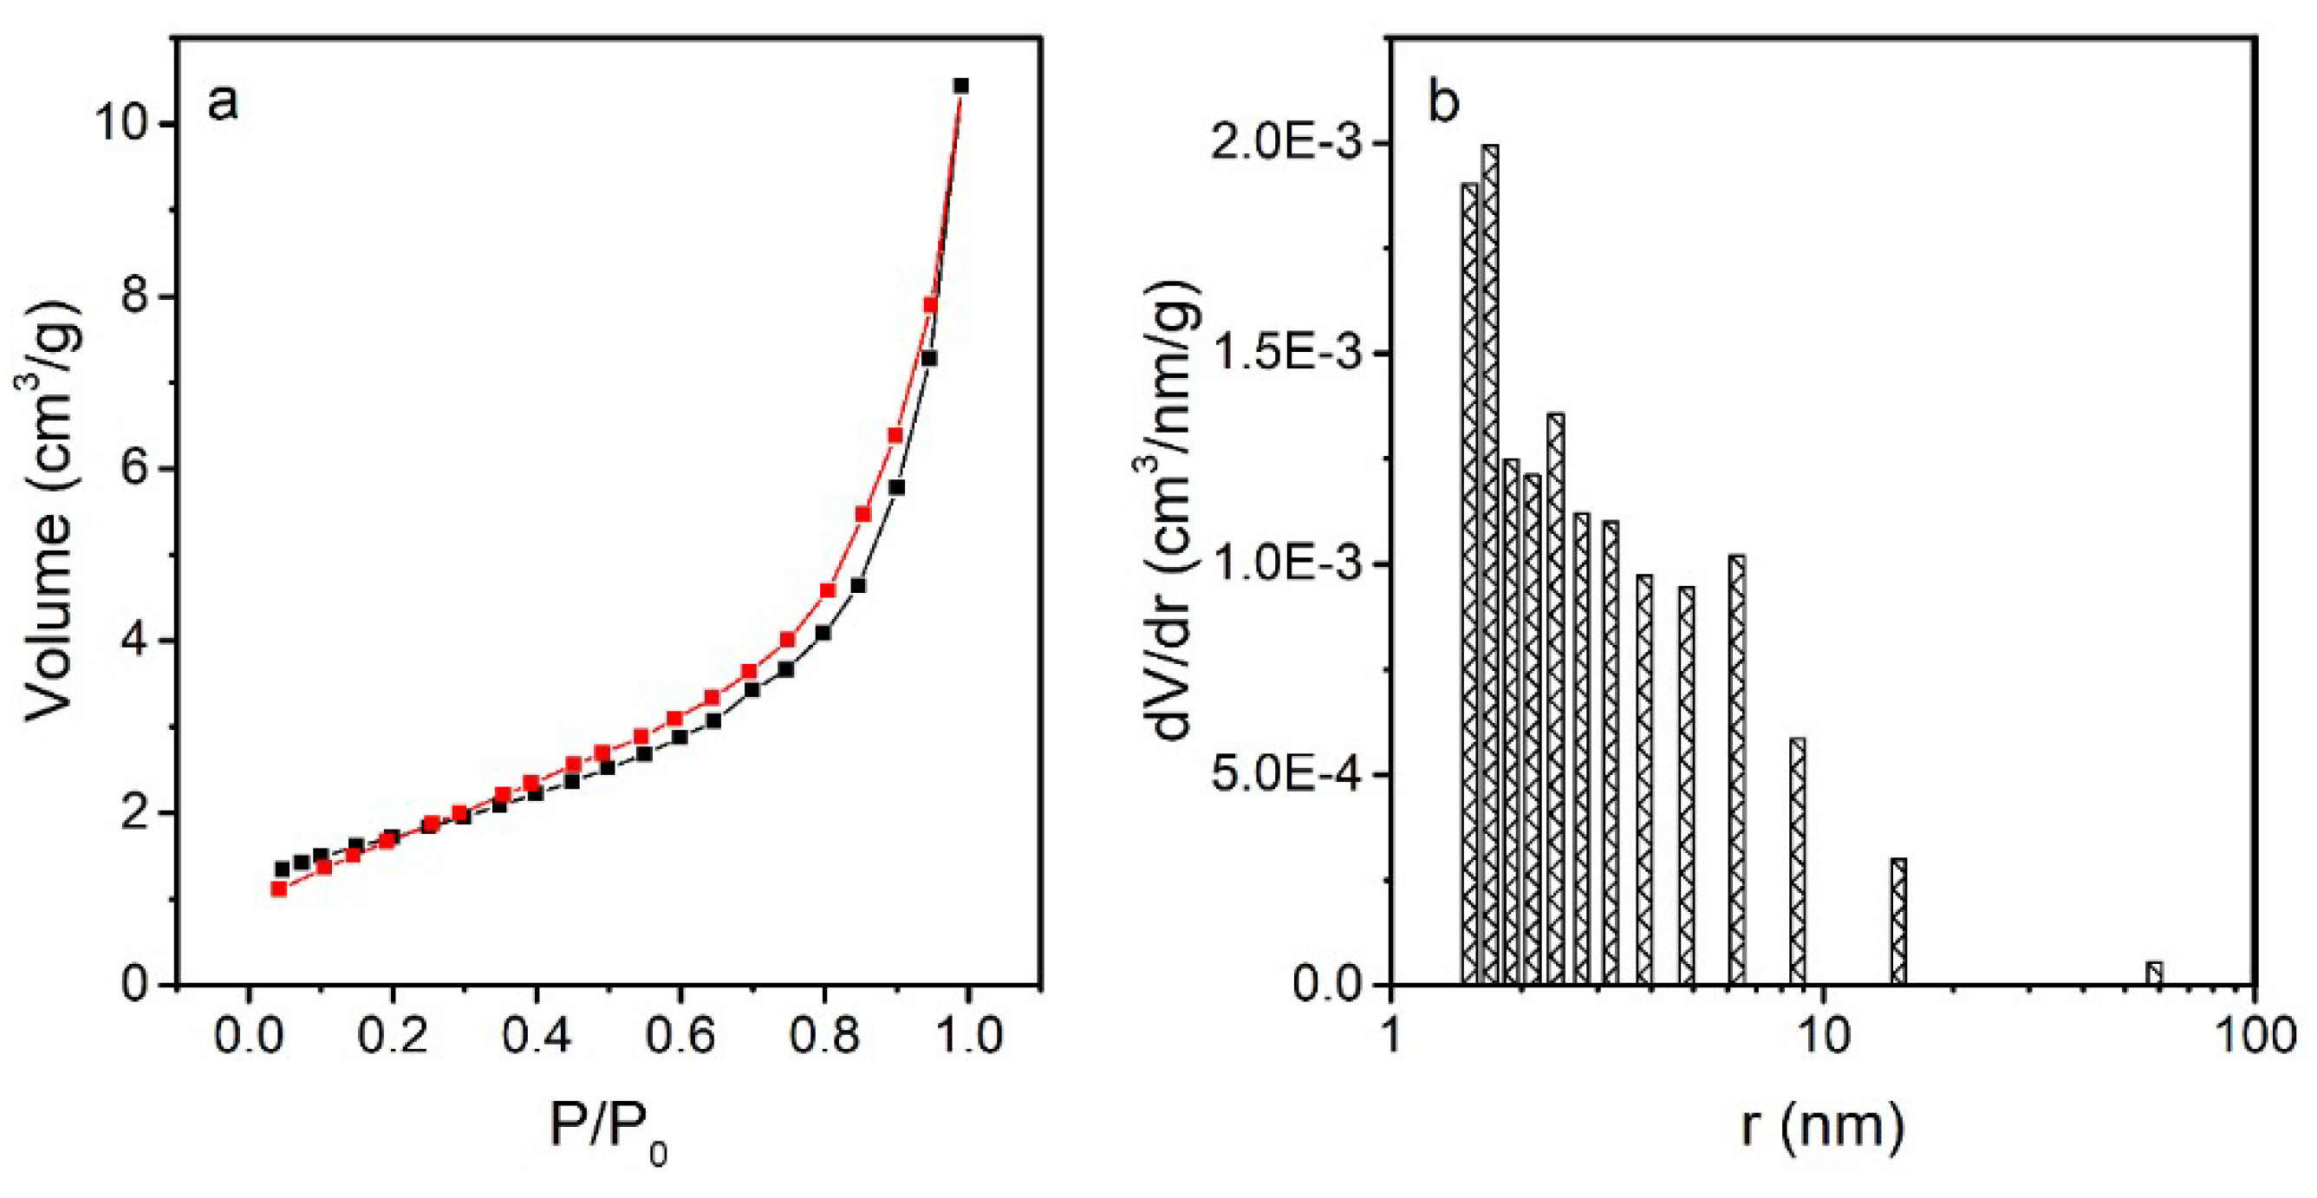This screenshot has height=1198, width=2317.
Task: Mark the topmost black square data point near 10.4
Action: pos(960,86)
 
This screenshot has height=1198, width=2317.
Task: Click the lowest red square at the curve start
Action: pos(279,889)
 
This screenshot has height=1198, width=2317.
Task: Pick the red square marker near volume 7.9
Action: pos(931,305)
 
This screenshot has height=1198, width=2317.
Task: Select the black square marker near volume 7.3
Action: pos(930,358)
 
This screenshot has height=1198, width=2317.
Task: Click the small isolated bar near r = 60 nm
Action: pos(2153,973)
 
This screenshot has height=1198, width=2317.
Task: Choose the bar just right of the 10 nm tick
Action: pos(1898,921)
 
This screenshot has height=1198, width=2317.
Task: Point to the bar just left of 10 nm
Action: pos(1797,862)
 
